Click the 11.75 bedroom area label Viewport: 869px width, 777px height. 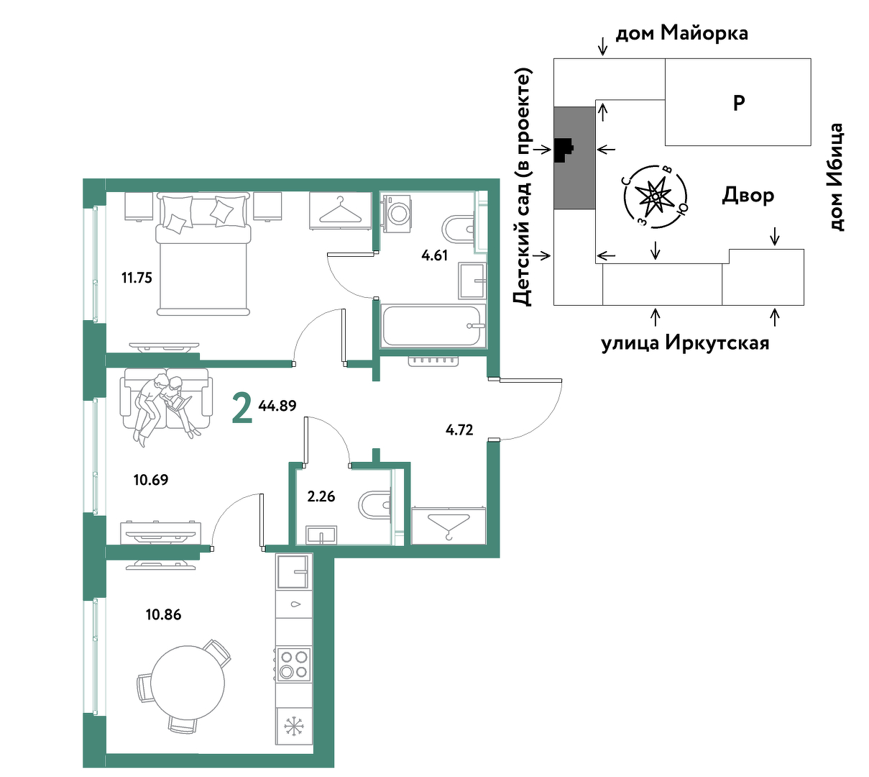(x=137, y=278)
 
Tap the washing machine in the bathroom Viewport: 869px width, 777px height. (x=398, y=214)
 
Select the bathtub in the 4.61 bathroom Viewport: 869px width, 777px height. (x=433, y=325)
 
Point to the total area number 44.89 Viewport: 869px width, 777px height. (x=277, y=406)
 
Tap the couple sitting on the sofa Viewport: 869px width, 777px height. (x=165, y=408)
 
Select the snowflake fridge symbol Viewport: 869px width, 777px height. (x=294, y=726)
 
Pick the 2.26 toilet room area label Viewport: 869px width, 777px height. (x=321, y=496)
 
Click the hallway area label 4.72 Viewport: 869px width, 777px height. (x=459, y=430)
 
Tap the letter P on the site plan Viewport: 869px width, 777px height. (x=739, y=103)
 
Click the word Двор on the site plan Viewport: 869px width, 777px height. (x=748, y=195)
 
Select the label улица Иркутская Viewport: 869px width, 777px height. (x=685, y=343)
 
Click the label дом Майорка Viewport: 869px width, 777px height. (x=682, y=33)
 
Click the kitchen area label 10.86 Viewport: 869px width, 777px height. (x=163, y=614)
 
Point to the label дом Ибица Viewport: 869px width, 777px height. (x=837, y=177)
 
